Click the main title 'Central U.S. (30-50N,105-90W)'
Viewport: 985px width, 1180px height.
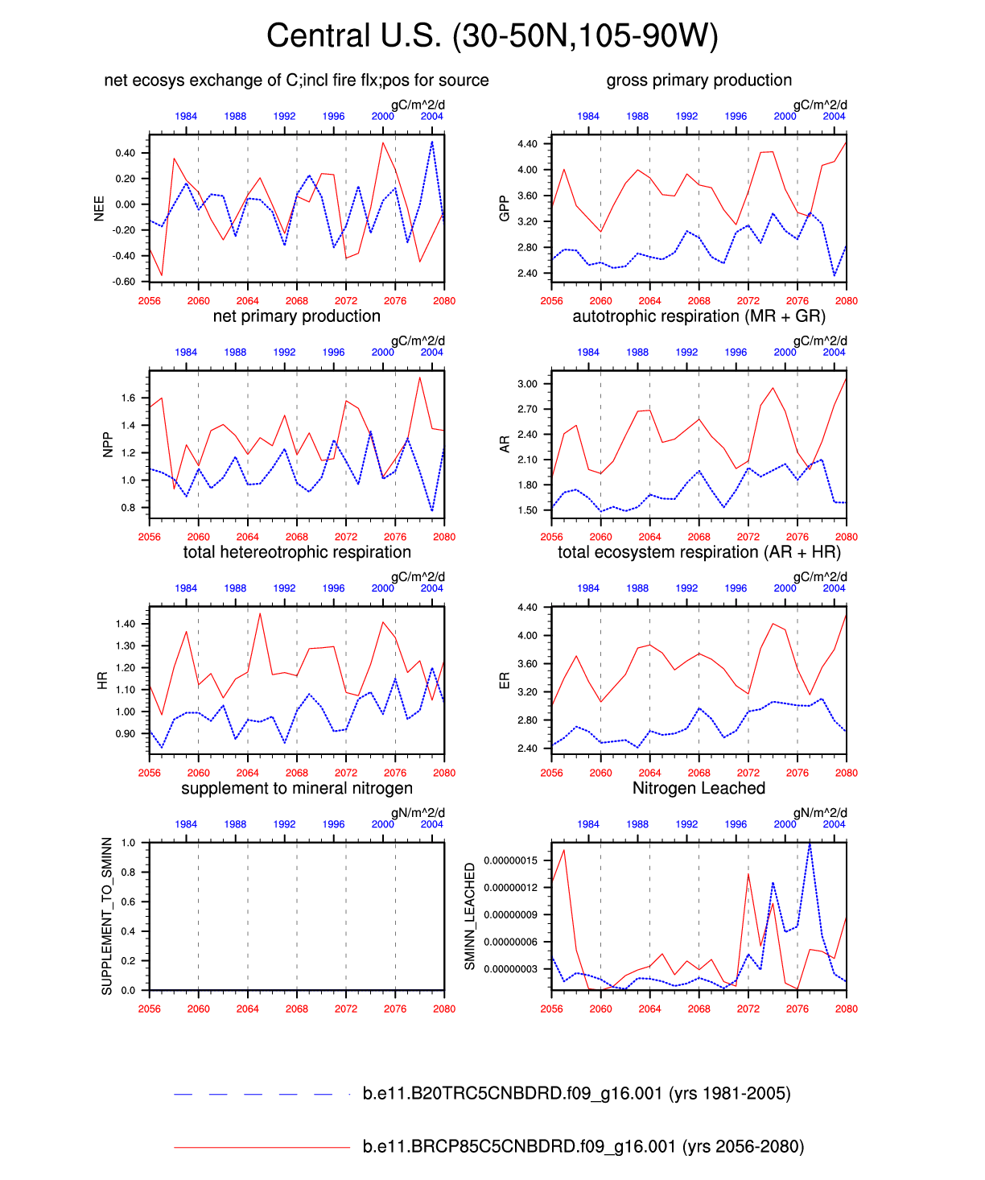click(492, 36)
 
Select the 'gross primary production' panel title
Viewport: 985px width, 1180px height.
click(699, 80)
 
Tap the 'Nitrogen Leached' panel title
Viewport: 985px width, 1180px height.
click(699, 789)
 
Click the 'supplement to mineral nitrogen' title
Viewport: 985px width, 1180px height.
click(296, 789)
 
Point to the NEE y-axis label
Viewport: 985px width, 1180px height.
click(100, 208)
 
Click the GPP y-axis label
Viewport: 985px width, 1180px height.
click(505, 208)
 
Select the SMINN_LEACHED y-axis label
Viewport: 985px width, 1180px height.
click(470, 916)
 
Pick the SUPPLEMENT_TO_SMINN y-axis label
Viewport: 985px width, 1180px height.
click(107, 916)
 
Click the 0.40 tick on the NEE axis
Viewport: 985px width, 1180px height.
click(126, 153)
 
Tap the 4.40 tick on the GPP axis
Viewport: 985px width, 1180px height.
click(527, 144)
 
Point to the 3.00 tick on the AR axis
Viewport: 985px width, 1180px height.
click(527, 384)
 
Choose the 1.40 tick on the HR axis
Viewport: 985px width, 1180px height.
click(126, 624)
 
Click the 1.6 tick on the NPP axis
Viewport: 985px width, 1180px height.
click(128, 398)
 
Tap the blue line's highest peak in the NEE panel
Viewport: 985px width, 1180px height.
click(432, 142)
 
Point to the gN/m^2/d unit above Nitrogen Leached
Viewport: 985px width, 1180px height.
click(820, 813)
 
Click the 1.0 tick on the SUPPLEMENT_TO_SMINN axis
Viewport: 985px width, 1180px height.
click(128, 844)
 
